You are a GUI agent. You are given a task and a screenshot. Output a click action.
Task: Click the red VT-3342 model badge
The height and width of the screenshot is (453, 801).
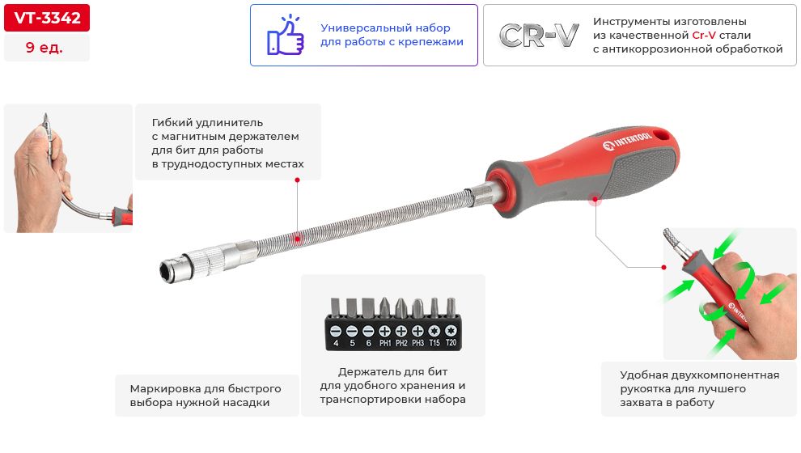(47, 18)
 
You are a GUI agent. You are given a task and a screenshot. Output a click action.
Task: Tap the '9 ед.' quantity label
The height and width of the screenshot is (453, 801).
(44, 48)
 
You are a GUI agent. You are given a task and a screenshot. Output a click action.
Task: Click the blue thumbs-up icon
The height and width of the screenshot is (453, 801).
(286, 36)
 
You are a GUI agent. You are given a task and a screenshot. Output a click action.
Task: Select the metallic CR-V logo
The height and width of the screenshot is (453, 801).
(539, 36)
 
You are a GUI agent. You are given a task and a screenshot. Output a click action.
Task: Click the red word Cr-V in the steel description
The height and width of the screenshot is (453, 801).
(704, 36)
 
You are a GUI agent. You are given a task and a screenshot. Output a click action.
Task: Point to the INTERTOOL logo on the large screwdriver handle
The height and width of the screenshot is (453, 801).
(627, 142)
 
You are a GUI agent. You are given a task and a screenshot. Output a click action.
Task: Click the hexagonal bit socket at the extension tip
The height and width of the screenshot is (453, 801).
(167, 271)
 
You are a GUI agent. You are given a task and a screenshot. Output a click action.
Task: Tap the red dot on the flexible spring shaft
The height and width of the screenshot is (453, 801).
(297, 239)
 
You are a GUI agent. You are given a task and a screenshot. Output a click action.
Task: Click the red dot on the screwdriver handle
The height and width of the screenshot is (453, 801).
(595, 200)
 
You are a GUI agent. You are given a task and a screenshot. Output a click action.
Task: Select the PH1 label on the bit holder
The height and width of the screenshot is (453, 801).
(385, 343)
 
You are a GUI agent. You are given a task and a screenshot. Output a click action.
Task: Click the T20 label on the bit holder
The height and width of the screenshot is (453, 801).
(451, 343)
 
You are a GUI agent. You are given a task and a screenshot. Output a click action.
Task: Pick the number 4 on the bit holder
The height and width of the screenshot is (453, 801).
(336, 343)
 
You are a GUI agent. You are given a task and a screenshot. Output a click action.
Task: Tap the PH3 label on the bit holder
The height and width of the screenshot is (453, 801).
(417, 343)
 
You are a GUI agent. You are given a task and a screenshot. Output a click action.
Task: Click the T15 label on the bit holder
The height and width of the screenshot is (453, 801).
(434, 343)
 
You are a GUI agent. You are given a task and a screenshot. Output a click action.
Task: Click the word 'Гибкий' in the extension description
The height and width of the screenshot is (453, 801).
(172, 123)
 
